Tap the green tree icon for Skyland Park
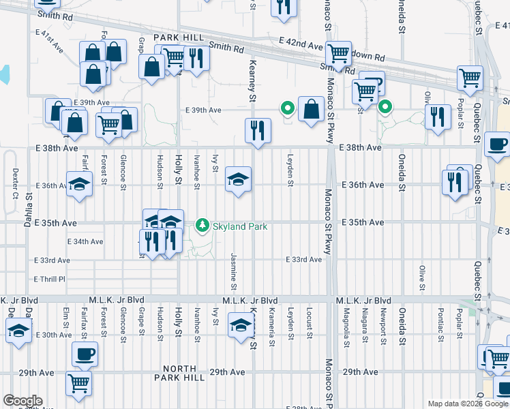(202, 224)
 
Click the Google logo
(23, 401)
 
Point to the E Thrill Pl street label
(49, 279)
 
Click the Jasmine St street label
(234, 268)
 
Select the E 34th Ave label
(85, 241)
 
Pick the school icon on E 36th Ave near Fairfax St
(80, 183)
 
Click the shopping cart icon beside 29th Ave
(79, 383)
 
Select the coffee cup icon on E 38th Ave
(497, 145)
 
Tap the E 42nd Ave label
(303, 46)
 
